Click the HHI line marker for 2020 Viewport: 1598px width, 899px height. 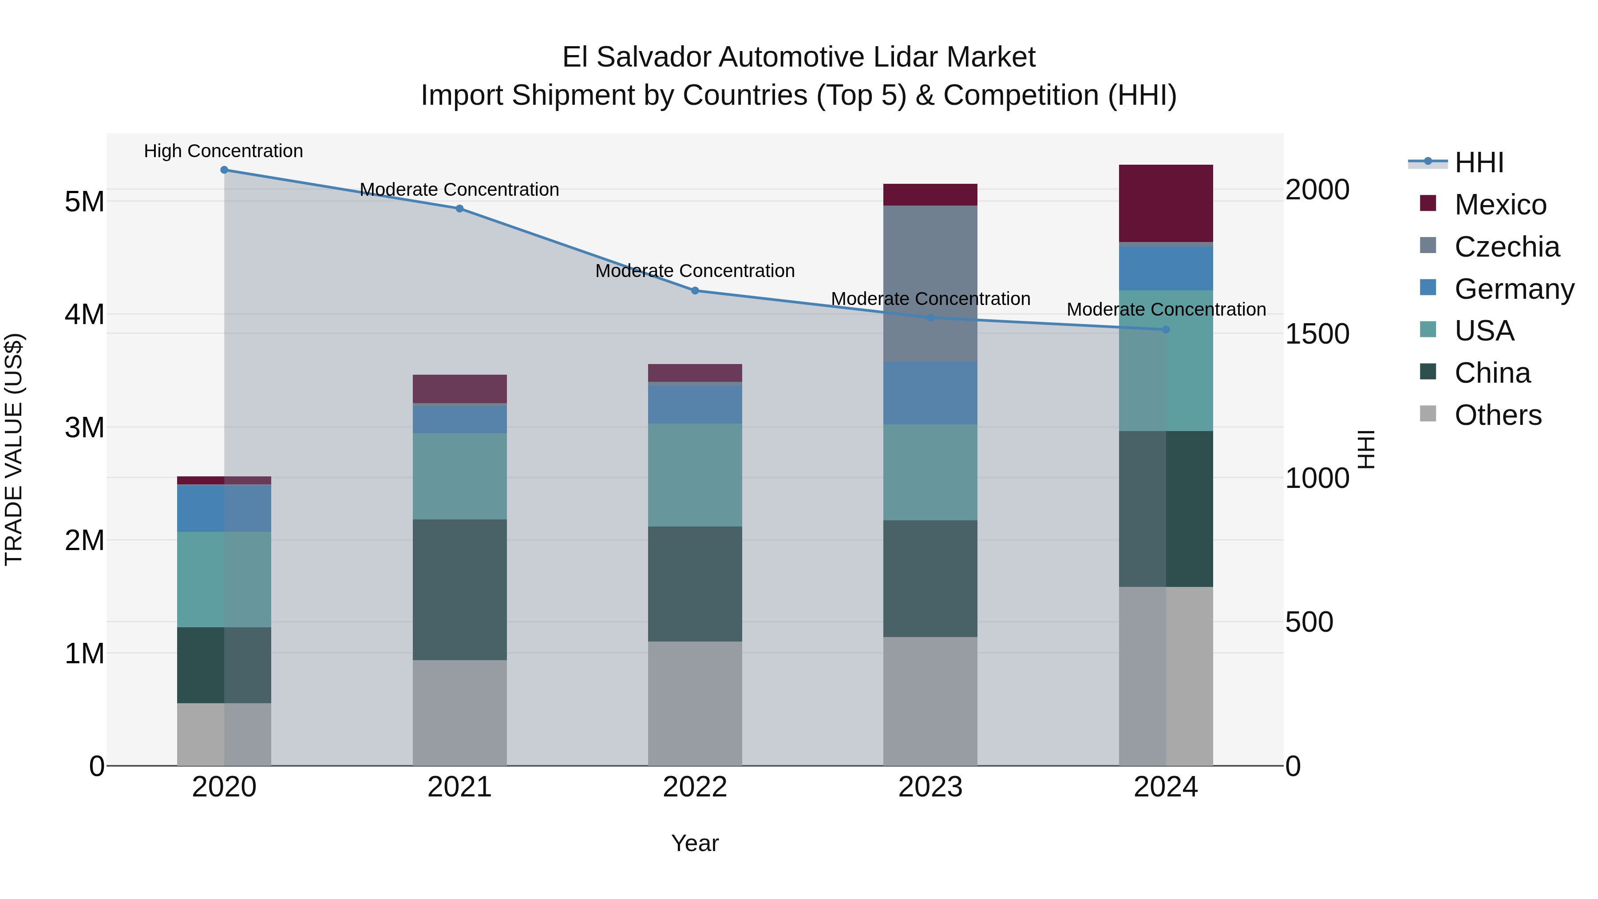coord(224,170)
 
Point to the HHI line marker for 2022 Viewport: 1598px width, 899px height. coord(695,290)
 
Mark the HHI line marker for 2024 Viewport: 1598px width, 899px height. coord(1166,329)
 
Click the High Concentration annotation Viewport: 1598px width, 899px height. coord(223,151)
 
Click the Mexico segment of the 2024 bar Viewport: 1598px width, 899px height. coord(1166,203)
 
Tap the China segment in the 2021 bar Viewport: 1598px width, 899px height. coord(460,590)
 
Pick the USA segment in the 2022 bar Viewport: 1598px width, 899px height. coord(695,475)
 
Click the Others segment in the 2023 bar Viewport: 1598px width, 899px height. coord(930,701)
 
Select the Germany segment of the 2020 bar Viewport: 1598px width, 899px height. coord(224,508)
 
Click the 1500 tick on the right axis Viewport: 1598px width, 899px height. coord(1317,334)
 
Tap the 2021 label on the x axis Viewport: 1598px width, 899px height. coord(460,787)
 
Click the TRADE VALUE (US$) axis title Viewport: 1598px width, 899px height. coord(14,449)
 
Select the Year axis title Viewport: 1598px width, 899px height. coord(695,843)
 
